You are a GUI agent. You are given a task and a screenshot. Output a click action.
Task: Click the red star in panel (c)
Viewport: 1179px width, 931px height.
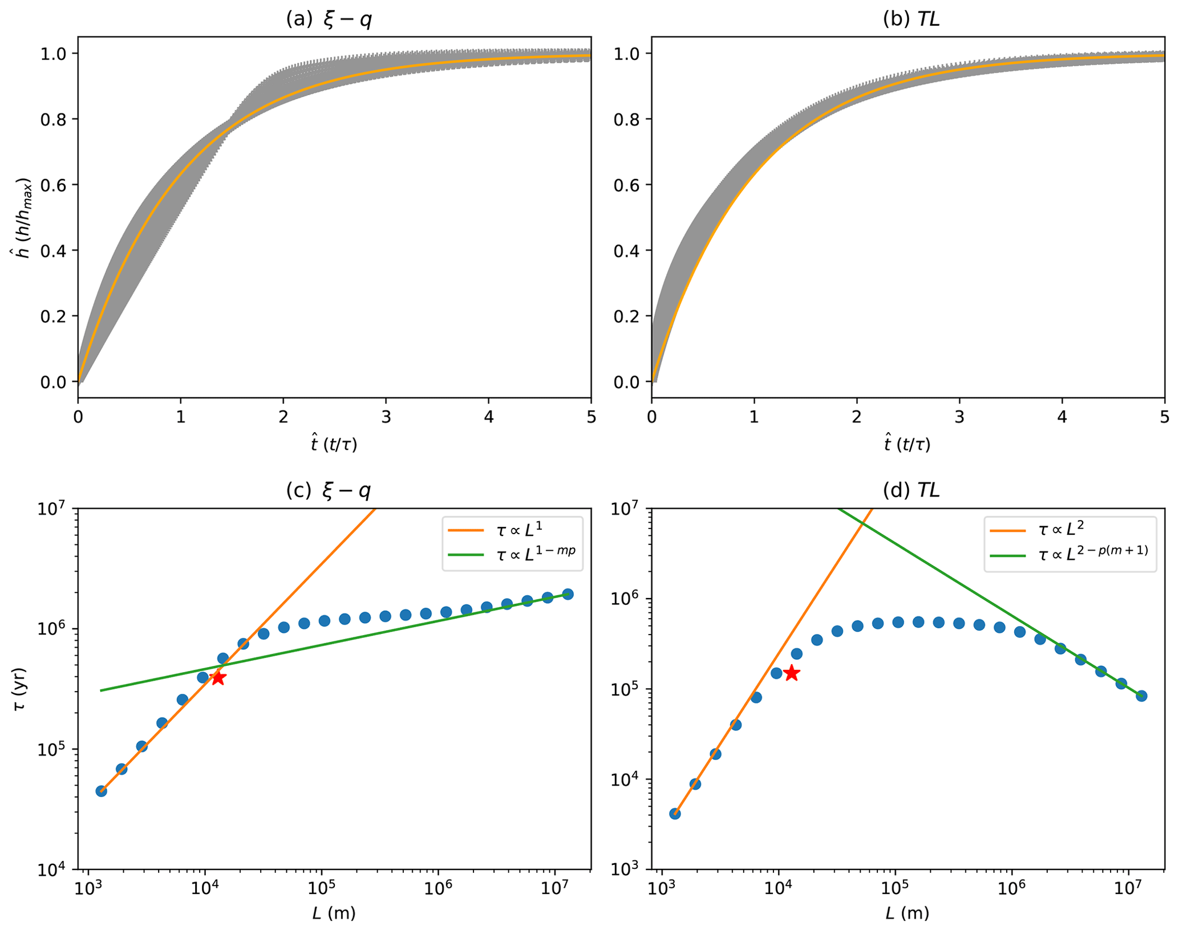coord(218,678)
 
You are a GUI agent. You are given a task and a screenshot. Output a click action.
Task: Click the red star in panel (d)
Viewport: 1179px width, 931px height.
coord(791,673)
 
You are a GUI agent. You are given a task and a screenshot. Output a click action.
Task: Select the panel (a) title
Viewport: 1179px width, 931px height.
coord(329,20)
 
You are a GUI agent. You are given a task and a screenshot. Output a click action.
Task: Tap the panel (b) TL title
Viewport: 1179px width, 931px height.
coord(911,20)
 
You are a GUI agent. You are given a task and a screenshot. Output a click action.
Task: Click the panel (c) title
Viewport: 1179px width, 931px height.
coord(329,490)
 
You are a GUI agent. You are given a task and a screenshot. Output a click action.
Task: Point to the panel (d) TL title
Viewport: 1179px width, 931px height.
coord(911,490)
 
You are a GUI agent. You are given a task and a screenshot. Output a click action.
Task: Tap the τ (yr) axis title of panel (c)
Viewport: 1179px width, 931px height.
coord(20,689)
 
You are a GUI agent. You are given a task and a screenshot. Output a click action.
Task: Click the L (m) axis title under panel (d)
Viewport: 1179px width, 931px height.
coord(907,913)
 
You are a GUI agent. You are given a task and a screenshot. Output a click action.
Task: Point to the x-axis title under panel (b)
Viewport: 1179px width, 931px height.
coord(907,444)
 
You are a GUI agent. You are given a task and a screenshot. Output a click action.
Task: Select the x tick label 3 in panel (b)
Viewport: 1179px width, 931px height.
coord(959,417)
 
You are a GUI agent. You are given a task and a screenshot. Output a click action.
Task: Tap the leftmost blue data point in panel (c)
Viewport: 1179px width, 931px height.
coord(102,791)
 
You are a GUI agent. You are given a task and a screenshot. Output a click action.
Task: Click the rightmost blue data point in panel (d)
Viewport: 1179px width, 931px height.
coord(1141,696)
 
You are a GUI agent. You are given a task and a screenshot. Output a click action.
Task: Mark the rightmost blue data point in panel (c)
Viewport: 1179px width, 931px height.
coord(568,594)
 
